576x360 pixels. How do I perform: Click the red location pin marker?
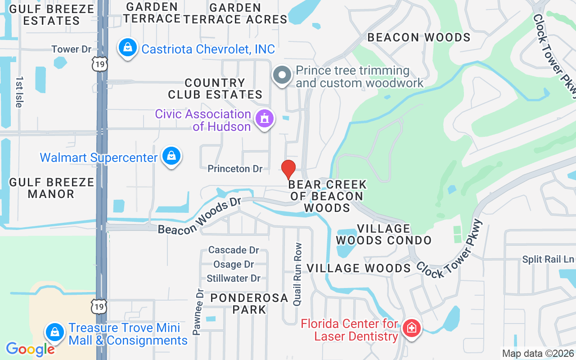pos(288,169)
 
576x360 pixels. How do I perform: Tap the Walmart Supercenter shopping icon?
pos(171,157)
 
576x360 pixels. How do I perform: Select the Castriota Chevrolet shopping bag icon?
pos(128,48)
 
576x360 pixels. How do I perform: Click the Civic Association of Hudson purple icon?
pos(264,119)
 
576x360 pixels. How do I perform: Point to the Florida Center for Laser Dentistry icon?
pos(411,328)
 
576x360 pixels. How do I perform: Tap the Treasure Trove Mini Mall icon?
pos(55,333)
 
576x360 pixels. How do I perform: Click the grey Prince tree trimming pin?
pos(283,76)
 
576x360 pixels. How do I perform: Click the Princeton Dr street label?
pos(235,169)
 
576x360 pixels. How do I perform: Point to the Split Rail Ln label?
pos(548,259)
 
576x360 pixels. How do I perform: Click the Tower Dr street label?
pos(72,49)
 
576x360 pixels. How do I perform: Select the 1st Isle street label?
pos(19,91)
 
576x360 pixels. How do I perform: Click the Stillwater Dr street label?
pos(234,278)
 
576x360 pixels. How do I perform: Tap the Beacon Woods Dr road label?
pos(200,216)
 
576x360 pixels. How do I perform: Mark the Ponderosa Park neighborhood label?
pos(249,303)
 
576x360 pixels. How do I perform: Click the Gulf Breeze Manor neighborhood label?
pos(52,188)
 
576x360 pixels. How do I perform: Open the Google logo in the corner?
pos(30,349)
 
